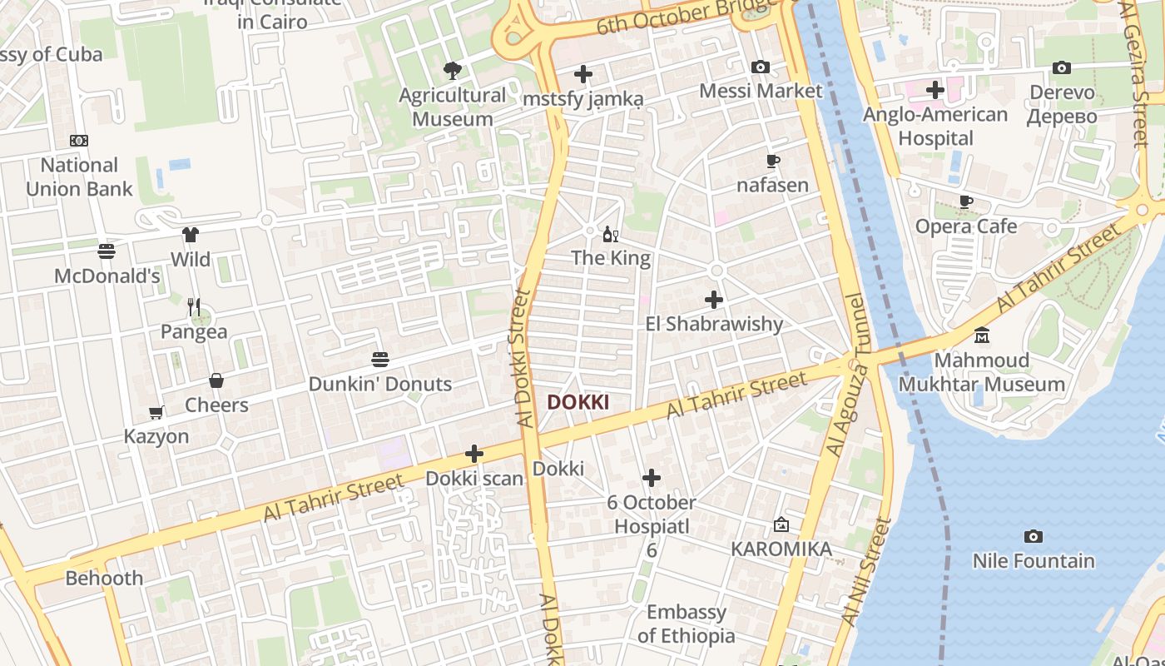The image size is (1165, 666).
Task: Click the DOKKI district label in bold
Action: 578,403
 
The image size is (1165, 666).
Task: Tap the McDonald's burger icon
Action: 107,251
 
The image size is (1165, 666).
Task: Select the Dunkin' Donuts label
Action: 380,384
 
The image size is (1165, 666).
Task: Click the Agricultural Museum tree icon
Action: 453,71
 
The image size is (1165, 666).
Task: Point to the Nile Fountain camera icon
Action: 1034,537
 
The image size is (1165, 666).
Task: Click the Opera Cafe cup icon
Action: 966,201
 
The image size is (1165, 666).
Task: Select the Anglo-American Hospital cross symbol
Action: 935,90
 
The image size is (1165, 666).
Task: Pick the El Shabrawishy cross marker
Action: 714,300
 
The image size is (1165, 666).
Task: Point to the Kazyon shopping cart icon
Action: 156,412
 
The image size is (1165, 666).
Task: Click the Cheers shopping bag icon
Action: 216,380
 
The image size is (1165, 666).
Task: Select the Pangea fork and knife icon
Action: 194,307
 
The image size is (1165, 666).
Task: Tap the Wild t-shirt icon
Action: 191,235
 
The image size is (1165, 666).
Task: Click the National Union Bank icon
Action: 79,141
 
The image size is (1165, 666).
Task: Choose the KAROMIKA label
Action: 781,549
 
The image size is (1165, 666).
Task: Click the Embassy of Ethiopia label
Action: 687,624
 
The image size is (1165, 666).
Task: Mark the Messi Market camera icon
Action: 761,67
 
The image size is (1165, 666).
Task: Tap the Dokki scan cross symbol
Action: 474,454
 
